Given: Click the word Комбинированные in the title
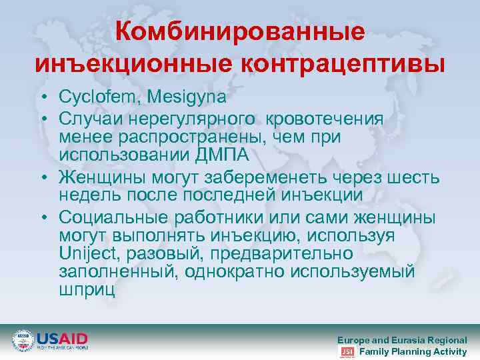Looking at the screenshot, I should click(240, 32).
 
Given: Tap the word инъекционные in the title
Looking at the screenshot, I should click(133, 65).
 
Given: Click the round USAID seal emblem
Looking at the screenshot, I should click(23, 341).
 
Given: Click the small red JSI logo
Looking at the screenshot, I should click(347, 351).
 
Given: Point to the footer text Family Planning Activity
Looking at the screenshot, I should click(413, 351).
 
